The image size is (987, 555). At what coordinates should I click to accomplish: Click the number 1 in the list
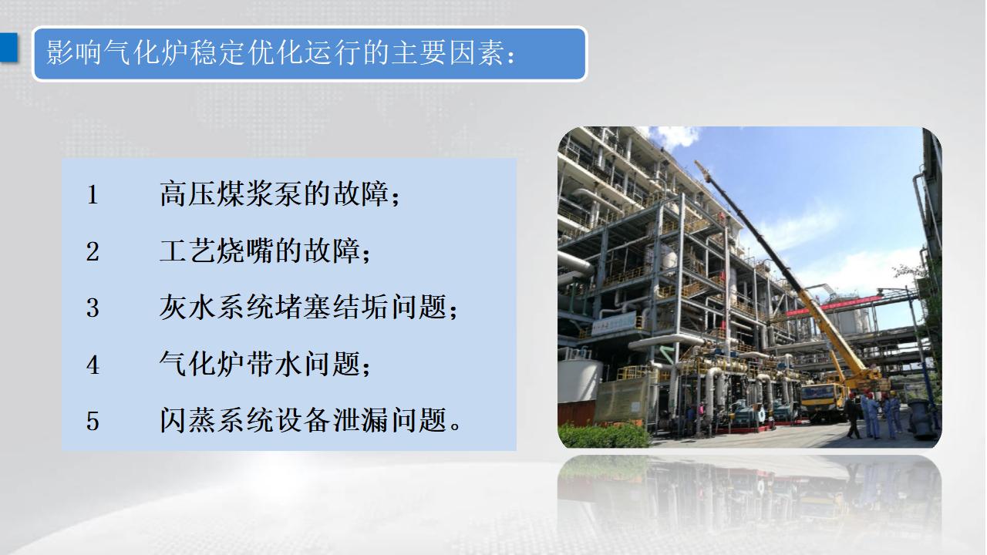(93, 195)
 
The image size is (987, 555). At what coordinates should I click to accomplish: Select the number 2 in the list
(93, 252)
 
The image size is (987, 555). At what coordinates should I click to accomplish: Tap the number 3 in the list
(93, 308)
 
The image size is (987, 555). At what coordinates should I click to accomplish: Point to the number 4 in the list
(93, 365)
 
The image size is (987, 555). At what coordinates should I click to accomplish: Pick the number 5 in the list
(93, 421)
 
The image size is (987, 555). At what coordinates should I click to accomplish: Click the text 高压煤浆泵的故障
(274, 193)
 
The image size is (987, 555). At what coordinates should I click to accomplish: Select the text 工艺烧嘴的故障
(260, 251)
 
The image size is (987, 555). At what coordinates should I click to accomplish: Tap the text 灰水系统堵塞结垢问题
(303, 307)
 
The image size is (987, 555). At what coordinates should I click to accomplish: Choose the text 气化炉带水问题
(260, 365)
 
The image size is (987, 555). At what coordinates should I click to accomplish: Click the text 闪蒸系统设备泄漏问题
(303, 420)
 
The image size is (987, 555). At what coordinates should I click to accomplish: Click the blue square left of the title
(8, 47)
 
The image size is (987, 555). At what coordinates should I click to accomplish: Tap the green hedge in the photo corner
(604, 436)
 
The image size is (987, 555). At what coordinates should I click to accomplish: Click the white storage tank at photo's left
(578, 378)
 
